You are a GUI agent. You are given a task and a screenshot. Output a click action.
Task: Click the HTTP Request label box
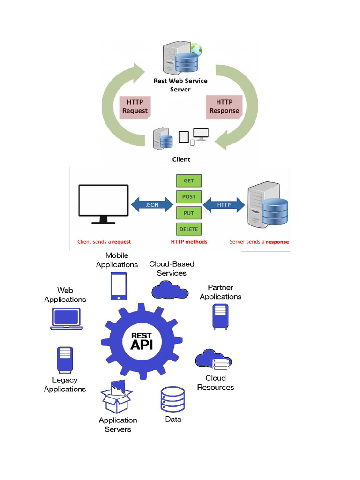tap(135, 107)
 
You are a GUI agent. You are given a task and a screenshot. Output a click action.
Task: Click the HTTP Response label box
tap(224, 106)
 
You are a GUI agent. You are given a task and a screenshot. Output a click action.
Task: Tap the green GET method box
tap(189, 181)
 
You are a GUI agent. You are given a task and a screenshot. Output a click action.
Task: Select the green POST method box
tap(189, 197)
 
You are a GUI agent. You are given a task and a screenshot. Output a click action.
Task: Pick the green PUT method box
tap(189, 213)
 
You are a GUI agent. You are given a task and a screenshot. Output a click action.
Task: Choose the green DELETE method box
tap(189, 229)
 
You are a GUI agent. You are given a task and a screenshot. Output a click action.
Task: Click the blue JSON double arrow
tap(152, 205)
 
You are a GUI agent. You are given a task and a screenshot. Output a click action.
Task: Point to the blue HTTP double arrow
tap(224, 205)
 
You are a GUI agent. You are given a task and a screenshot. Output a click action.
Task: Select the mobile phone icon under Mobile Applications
tap(119, 286)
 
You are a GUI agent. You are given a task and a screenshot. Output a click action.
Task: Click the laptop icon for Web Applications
tap(66, 319)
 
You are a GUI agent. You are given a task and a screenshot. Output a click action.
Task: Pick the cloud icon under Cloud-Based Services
tap(169, 289)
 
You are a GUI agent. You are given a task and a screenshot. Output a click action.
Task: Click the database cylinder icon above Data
tap(172, 399)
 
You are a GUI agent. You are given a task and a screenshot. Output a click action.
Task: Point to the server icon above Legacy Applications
tap(65, 360)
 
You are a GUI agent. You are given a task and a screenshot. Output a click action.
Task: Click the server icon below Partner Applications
tap(220, 316)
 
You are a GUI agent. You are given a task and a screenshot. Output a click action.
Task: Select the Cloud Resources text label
tap(216, 382)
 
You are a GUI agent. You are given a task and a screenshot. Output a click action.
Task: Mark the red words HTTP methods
tap(189, 242)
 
